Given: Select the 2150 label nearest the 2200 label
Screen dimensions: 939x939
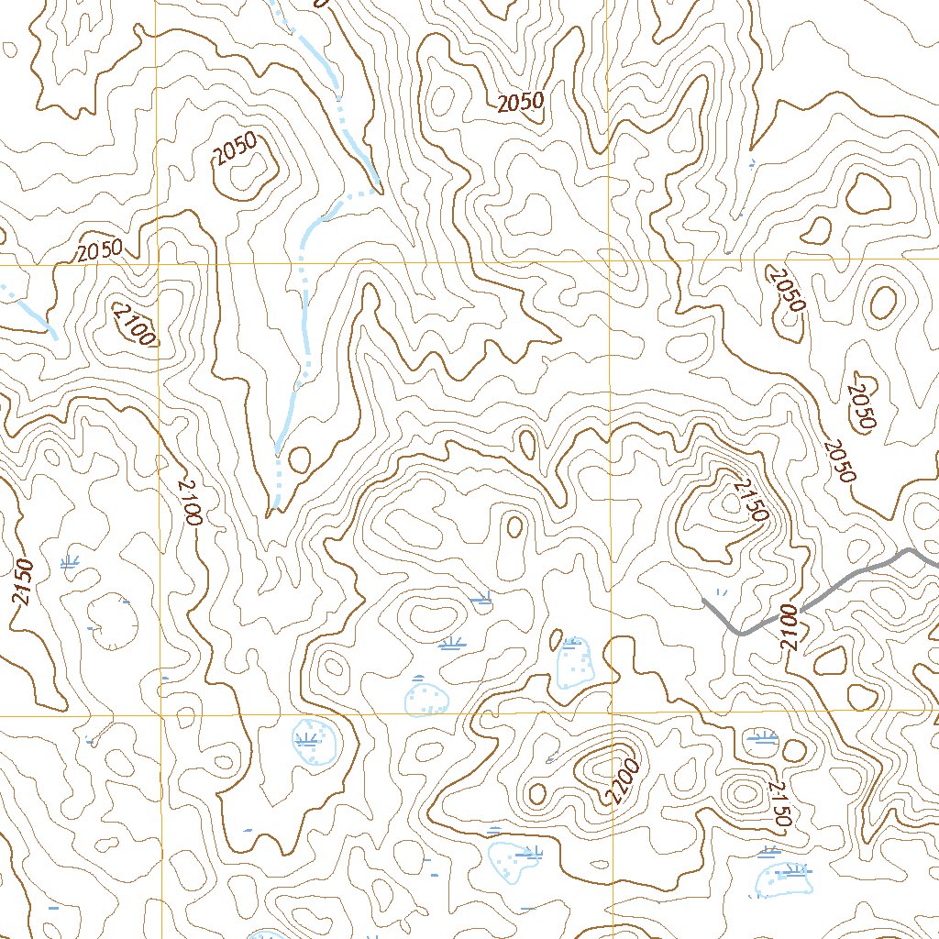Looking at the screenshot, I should click(x=779, y=805).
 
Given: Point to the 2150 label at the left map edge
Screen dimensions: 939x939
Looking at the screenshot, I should click(x=22, y=581).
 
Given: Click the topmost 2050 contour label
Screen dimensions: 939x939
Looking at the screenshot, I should click(x=521, y=103).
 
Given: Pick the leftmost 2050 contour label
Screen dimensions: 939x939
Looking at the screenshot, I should click(x=100, y=251).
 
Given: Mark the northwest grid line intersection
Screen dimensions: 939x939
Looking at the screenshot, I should click(x=160, y=264).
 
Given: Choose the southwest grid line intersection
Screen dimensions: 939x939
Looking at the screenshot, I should click(x=162, y=714).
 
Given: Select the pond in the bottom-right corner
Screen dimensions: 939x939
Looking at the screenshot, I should click(x=785, y=878).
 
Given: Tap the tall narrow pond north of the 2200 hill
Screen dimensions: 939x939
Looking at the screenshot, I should click(x=574, y=662).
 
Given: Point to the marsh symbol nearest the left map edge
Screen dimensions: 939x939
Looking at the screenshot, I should click(x=70, y=562).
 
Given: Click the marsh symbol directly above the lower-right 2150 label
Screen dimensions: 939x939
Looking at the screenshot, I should click(x=763, y=736).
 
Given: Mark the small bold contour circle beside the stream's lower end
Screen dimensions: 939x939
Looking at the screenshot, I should click(x=299, y=458).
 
